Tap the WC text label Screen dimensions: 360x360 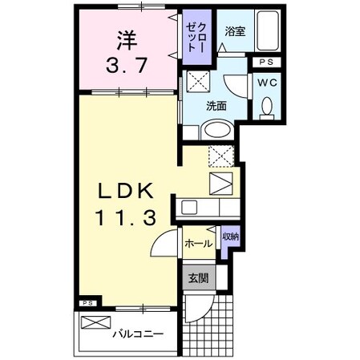coord(266,81)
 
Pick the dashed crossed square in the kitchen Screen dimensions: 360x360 coord(220,156)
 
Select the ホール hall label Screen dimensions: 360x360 coord(198,243)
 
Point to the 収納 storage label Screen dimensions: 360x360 coord(229,238)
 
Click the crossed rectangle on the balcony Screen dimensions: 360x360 coord(94,322)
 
